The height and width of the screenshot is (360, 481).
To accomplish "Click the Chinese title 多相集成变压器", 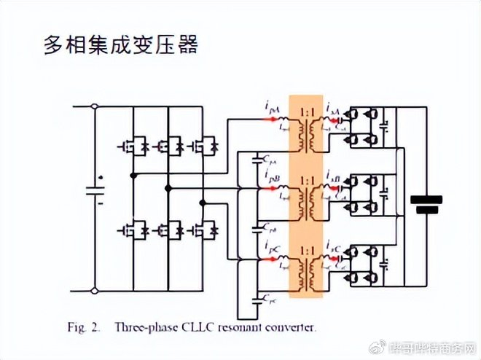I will [120, 45].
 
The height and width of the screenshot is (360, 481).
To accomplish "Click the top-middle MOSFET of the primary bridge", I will [168, 146].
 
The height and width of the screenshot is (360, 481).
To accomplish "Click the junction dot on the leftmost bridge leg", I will [133, 176].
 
